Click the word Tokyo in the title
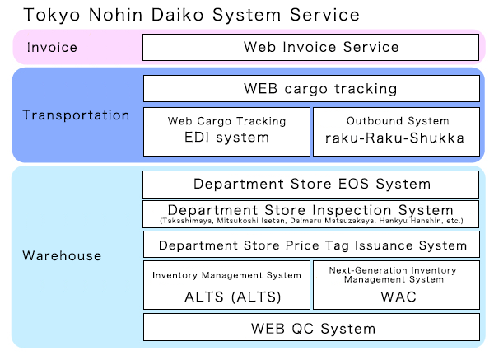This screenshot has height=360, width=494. [x=52, y=15]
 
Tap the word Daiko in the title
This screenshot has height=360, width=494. [x=177, y=15]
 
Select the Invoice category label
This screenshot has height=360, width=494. [x=52, y=47]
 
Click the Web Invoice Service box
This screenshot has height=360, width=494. [x=311, y=47]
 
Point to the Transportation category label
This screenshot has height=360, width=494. [x=76, y=115]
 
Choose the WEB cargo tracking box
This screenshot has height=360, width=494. [x=311, y=89]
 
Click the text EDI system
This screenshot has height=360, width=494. [x=226, y=138]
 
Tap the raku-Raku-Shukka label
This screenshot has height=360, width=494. [x=394, y=138]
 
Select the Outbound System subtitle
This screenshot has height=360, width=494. [x=398, y=121]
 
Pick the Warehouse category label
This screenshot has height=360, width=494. [x=62, y=255]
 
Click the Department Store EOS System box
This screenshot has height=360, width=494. [x=311, y=185]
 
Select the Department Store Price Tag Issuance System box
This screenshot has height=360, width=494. [x=311, y=245]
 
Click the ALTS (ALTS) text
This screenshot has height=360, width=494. [x=232, y=297]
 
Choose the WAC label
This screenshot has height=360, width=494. [x=398, y=297]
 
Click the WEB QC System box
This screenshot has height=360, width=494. [x=311, y=327]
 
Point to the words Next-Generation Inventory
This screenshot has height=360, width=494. [x=393, y=270]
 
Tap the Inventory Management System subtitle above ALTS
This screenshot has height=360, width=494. [x=226, y=275]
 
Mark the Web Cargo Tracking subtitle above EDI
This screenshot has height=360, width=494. [x=227, y=121]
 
